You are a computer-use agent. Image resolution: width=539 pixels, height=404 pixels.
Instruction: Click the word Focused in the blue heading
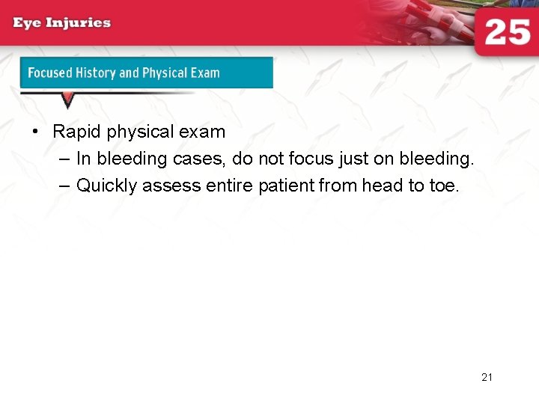pos(50,73)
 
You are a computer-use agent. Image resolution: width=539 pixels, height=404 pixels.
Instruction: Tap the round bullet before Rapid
pos(35,132)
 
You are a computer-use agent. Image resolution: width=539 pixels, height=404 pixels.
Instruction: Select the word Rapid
pos(77,132)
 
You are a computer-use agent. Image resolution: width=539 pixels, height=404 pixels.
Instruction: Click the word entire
pos(228,186)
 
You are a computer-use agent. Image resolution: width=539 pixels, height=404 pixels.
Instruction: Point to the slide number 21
pos(487,377)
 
